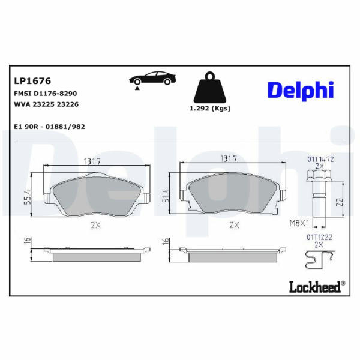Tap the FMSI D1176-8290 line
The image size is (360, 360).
coord(46,94)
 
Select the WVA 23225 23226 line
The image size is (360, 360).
coord(46,104)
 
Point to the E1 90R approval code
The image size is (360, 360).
coord(50,127)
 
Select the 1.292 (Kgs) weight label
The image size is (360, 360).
coord(210,109)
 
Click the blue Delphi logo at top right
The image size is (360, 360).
coord(301,90)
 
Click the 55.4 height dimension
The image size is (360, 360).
coord(28,197)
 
